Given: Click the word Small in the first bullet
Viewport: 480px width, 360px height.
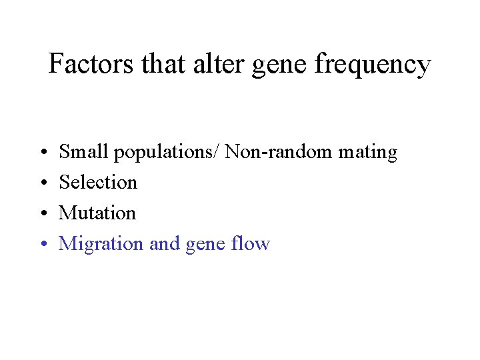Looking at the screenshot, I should tap(84, 152).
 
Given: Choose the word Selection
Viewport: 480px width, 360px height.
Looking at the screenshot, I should tap(98, 182).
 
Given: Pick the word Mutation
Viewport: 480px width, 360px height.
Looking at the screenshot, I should tap(97, 213).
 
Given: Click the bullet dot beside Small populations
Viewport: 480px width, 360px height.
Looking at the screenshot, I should tap(41, 153).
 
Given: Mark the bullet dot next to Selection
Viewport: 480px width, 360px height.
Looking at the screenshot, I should tap(41, 183).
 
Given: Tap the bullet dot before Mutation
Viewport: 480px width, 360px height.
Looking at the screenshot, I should tap(41, 214).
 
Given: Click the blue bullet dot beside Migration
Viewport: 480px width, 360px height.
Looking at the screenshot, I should tap(41, 245).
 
